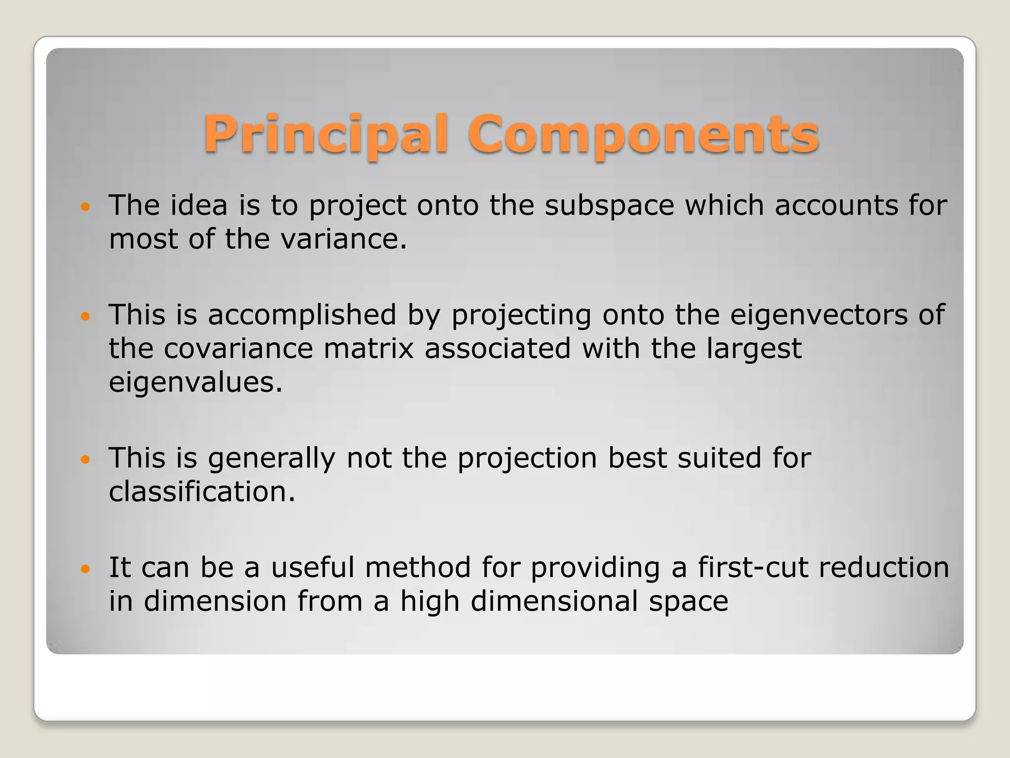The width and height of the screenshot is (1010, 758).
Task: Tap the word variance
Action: [x=343, y=239]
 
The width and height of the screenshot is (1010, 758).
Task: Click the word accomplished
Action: [x=301, y=315]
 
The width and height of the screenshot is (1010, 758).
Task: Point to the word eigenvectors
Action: [x=818, y=315]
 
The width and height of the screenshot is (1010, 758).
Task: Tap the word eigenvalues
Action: [x=195, y=382]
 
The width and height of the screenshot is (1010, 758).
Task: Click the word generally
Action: [x=271, y=458]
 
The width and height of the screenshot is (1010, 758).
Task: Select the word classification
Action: [x=201, y=492]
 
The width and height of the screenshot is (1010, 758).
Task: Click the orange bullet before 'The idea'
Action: [x=86, y=206]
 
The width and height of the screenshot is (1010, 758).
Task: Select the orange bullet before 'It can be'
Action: [x=86, y=569]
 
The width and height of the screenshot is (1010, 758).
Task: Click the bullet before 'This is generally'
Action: [x=86, y=459]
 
